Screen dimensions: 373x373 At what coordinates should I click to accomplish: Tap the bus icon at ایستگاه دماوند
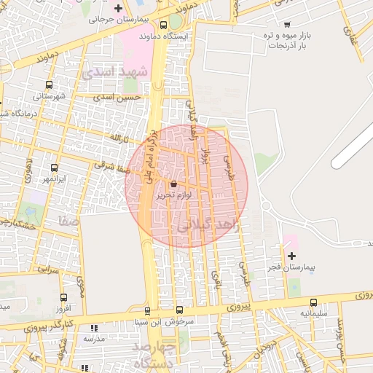pyautogui.click(x=176, y=23)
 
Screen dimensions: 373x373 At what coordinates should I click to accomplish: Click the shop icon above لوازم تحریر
pyautogui.click(x=173, y=184)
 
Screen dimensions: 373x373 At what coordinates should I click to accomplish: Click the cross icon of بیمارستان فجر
pyautogui.click(x=292, y=256)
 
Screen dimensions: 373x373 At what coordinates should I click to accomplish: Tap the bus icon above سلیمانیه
pyautogui.click(x=314, y=302)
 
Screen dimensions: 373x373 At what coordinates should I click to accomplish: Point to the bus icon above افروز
pyautogui.click(x=63, y=297)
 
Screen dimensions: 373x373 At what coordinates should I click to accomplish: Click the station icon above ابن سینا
pyautogui.click(x=148, y=311)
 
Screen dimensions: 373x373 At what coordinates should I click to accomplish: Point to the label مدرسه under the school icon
pyautogui.click(x=93, y=338)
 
